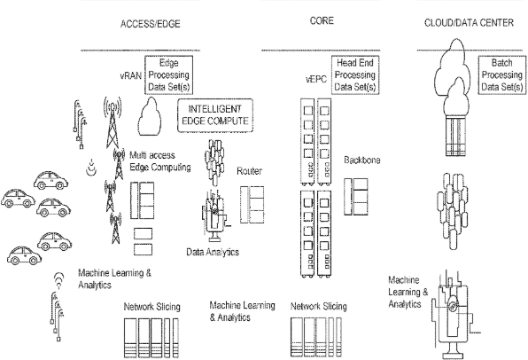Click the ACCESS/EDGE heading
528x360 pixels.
pyautogui.click(x=151, y=24)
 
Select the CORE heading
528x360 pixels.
pyautogui.click(x=322, y=21)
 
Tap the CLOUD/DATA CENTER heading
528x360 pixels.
pyautogui.click(x=469, y=23)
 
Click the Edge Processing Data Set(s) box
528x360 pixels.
pyautogui.click(x=168, y=74)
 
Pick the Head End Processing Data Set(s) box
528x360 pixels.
pyautogui.click(x=355, y=74)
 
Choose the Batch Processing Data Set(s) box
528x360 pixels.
pyautogui.click(x=501, y=74)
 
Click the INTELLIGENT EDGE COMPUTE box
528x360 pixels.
pyautogui.click(x=215, y=115)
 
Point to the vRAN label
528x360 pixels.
pyautogui.click(x=130, y=76)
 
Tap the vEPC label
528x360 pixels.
pyautogui.click(x=316, y=80)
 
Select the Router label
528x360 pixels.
pyautogui.click(x=249, y=171)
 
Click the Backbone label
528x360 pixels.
pyautogui.click(x=362, y=160)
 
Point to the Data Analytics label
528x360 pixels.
pyautogui.click(x=213, y=252)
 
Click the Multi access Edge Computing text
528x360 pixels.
pyautogui.click(x=160, y=161)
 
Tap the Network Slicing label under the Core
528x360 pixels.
pyautogui.click(x=319, y=307)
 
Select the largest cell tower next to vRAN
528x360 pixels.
pyautogui.click(x=113, y=122)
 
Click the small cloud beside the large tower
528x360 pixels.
pyautogui.click(x=150, y=116)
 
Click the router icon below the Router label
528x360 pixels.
pyautogui.click(x=252, y=205)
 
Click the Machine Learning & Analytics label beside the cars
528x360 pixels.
pyautogui.click(x=114, y=279)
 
